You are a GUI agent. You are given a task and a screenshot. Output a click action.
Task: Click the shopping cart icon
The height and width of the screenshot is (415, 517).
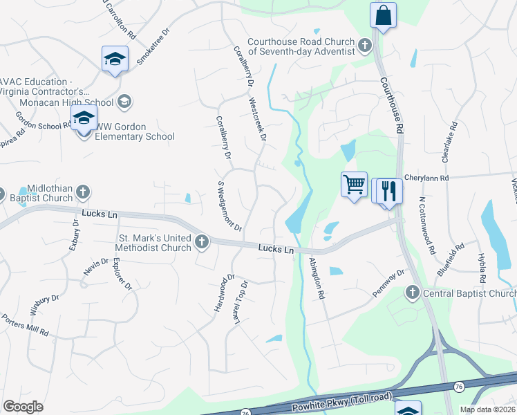354,185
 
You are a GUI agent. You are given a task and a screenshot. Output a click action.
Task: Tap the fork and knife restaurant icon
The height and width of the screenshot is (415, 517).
390,190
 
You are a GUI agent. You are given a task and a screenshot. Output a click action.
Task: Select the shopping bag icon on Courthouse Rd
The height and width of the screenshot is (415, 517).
382,14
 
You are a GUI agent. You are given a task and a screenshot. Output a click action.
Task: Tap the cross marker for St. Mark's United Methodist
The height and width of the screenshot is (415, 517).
202,241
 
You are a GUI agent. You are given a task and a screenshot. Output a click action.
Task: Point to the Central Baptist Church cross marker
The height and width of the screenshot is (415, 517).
413,293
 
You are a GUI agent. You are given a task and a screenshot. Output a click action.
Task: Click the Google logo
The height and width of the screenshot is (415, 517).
23,407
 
